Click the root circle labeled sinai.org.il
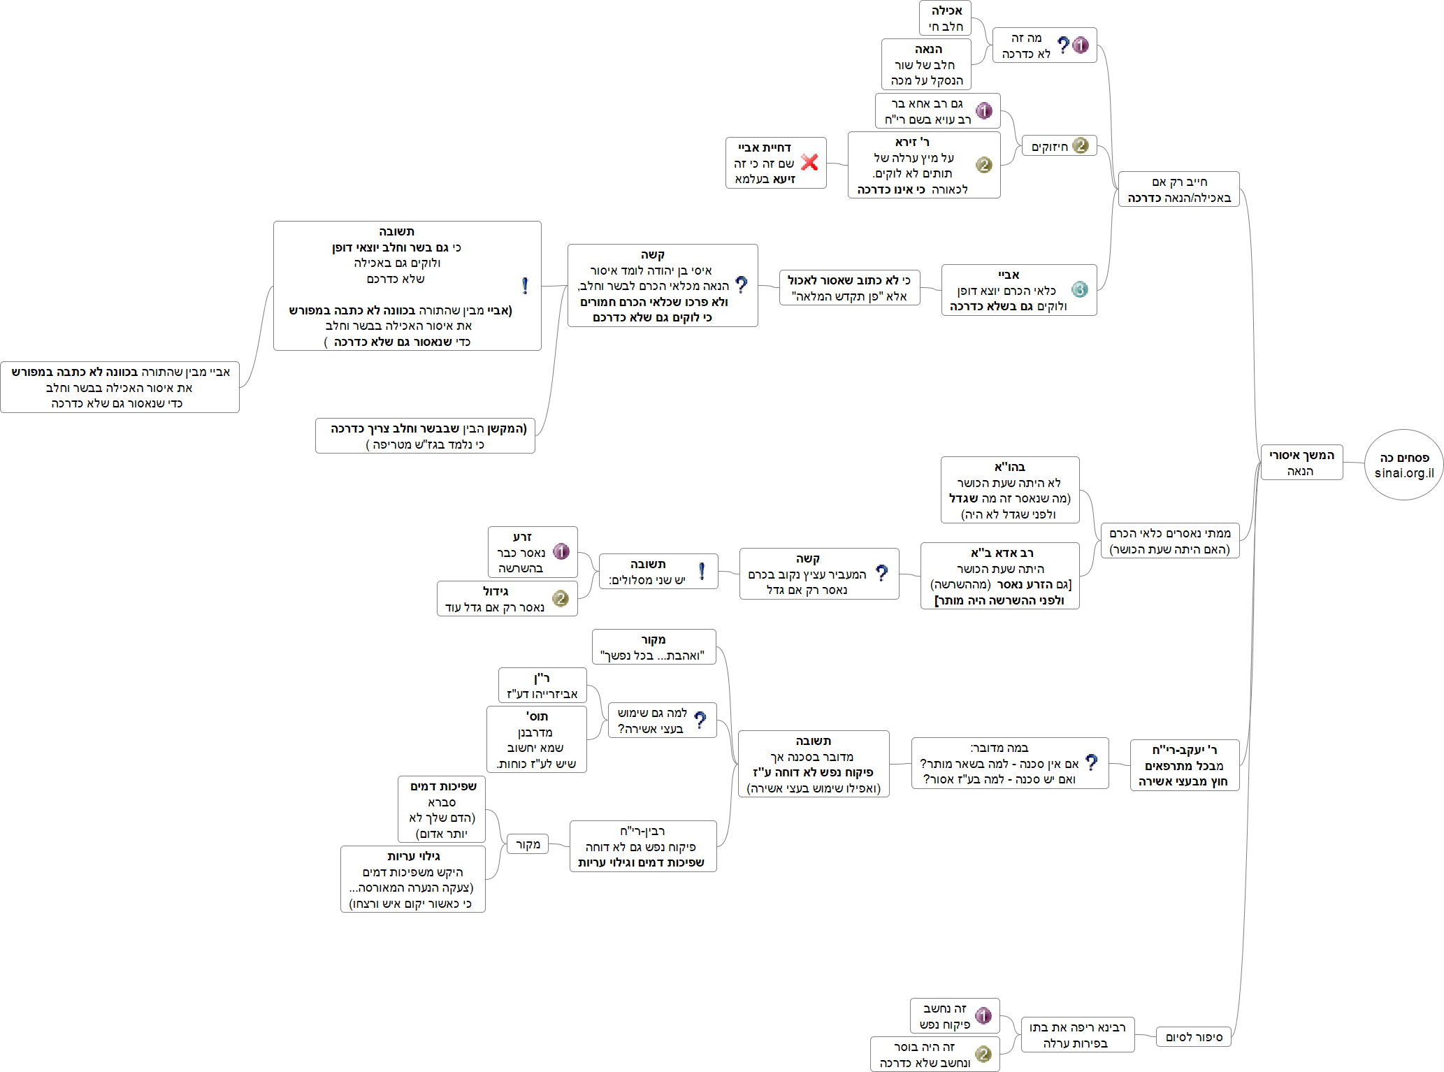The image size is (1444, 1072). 1403,465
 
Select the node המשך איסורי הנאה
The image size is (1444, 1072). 1301,463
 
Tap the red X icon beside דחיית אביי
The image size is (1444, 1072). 809,163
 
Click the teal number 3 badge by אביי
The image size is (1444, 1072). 1079,289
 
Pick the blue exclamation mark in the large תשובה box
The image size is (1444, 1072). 525,286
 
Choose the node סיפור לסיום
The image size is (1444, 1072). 1194,1037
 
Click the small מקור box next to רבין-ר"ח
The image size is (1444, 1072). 528,844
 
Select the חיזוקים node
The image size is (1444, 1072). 1058,146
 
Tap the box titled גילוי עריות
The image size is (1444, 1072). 412,879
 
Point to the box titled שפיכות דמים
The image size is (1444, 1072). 442,809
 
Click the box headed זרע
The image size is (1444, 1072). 532,552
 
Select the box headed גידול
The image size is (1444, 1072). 507,599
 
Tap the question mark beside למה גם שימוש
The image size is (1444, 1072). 700,720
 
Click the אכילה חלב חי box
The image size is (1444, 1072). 945,18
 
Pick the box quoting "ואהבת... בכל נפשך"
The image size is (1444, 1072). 654,647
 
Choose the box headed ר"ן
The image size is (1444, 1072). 542,686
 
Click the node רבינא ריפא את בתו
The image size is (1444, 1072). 1077,1035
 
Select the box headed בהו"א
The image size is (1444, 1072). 1009,490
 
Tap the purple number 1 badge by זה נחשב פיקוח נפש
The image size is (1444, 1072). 983,1016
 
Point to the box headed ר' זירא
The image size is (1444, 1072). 923,166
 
